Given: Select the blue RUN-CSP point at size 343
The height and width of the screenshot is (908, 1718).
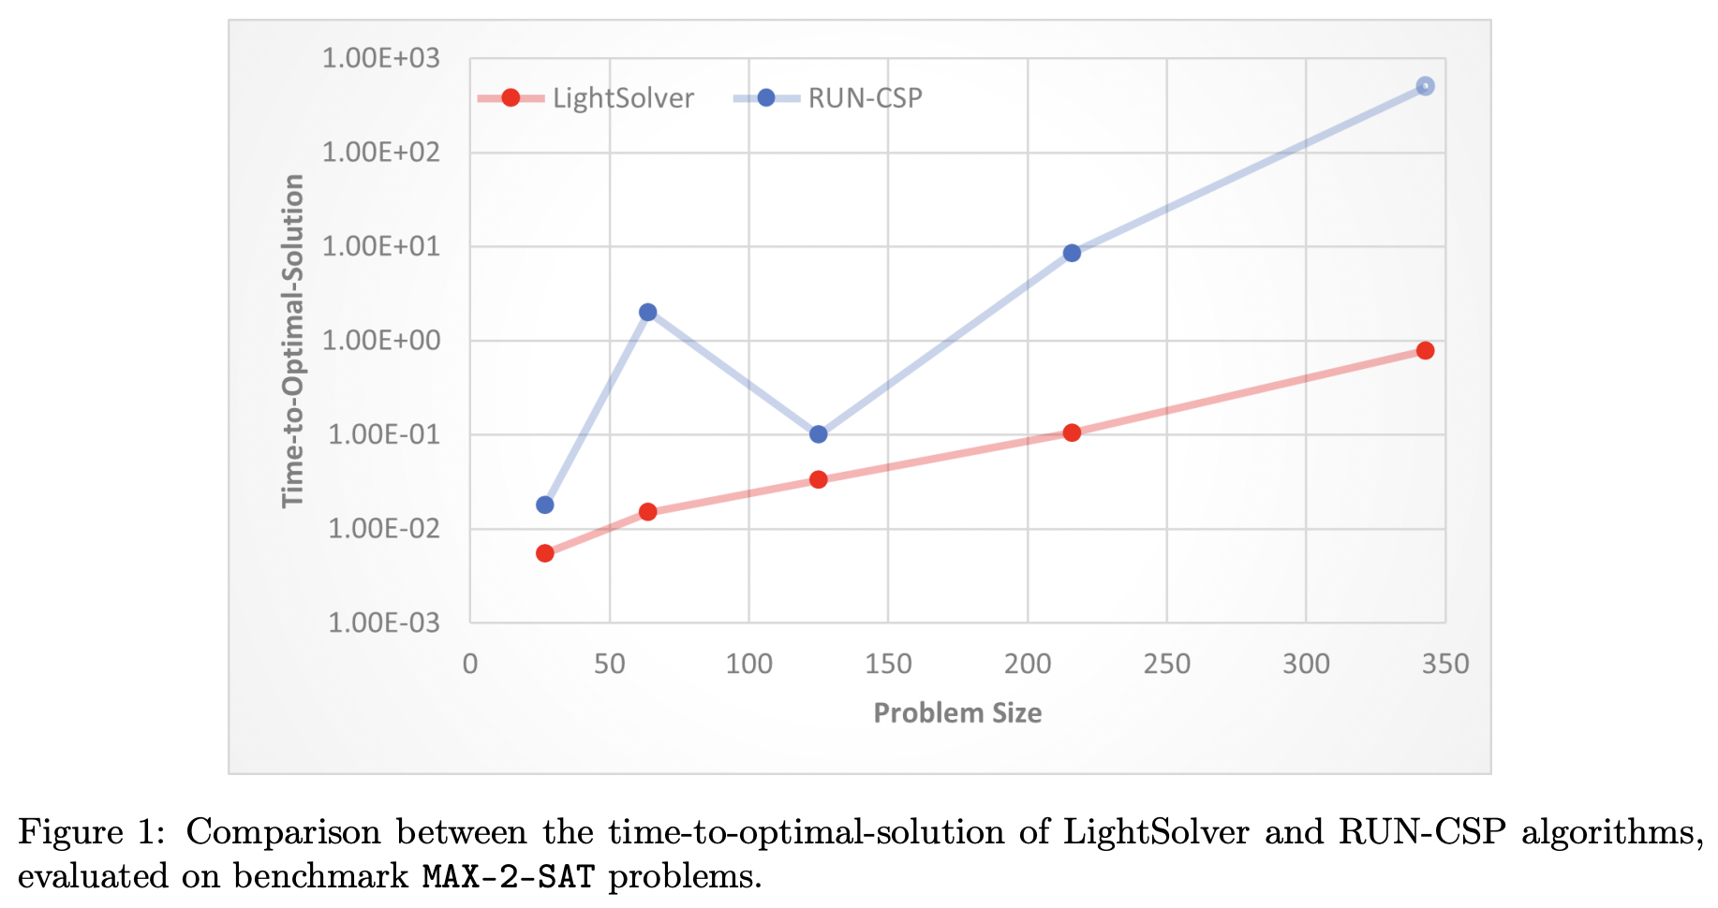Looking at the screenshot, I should [1425, 86].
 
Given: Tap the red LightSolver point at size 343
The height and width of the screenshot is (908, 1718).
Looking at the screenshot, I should [1425, 350].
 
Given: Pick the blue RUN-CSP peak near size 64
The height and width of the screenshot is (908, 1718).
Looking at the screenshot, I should [647, 312].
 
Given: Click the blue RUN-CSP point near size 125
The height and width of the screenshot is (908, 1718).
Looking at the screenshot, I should [818, 434].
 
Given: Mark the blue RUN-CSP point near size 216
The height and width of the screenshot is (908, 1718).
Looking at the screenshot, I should [1072, 253].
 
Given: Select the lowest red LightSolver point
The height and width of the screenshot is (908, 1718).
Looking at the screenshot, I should [544, 553].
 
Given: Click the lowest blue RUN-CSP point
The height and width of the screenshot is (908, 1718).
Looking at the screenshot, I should [544, 505].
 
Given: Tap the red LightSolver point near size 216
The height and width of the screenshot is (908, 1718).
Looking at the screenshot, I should [1072, 432].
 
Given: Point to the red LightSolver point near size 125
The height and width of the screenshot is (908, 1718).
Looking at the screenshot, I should [818, 479].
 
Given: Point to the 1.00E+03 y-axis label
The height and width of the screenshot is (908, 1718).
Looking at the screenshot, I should [380, 59].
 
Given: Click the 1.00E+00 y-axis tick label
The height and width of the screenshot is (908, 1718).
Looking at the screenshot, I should [380, 341].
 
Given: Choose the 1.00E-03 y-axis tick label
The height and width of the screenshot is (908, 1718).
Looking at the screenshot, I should [383, 622].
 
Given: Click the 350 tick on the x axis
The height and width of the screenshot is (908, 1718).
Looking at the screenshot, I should [1444, 664].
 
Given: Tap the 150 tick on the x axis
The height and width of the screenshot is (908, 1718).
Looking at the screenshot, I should [887, 664].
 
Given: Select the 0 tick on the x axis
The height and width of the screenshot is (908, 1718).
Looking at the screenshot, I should [470, 664].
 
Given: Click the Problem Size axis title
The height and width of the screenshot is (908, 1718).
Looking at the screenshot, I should [956, 713].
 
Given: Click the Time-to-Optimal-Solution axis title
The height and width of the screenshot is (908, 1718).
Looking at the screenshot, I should [293, 341].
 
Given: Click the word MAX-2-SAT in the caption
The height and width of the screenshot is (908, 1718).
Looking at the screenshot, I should [508, 877].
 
